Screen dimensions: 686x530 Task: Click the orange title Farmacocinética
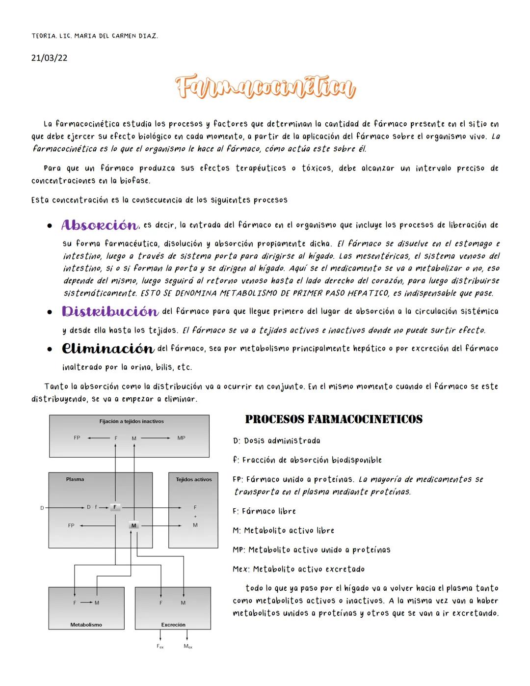pyautogui.click(x=265, y=88)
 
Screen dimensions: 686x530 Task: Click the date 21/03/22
pyautogui.click(x=49, y=58)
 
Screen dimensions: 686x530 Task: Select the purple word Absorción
pyautogui.click(x=100, y=225)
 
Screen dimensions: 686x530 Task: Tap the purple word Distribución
pyautogui.click(x=110, y=312)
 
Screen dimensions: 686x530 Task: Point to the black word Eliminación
pyautogui.click(x=108, y=349)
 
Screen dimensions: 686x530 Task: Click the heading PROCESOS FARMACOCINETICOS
pyautogui.click(x=334, y=419)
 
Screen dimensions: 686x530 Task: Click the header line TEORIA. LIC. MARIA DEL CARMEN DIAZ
pyautogui.click(x=95, y=36)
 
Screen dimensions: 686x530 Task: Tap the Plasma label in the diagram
pyautogui.click(x=75, y=479)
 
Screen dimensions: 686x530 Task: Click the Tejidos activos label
pyautogui.click(x=194, y=479)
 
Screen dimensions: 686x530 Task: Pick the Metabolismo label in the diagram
pyautogui.click(x=86, y=625)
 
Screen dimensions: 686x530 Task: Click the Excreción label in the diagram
pyautogui.click(x=173, y=625)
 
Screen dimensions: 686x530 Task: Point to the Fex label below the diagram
pyautogui.click(x=160, y=647)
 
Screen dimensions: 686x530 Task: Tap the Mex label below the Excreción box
pyautogui.click(x=188, y=647)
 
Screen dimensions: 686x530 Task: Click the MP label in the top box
pyautogui.click(x=181, y=438)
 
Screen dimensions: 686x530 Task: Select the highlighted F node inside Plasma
pyautogui.click(x=115, y=507)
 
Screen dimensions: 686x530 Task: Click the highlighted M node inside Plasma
pyautogui.click(x=133, y=525)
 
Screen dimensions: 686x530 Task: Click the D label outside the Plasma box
pyautogui.click(x=42, y=508)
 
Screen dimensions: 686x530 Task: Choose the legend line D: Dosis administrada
pyautogui.click(x=277, y=441)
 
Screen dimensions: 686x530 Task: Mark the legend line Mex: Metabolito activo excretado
pyautogui.click(x=298, y=570)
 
